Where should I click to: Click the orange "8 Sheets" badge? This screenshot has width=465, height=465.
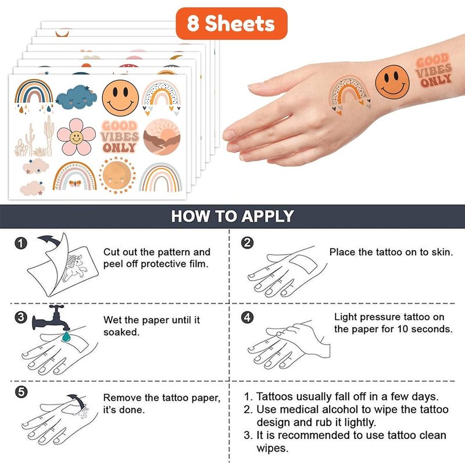231,24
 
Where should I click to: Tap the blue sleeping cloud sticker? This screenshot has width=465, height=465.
77,98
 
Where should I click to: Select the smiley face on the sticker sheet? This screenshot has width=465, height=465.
120,98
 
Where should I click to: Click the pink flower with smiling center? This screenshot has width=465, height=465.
76,137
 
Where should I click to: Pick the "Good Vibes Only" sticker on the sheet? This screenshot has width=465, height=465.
120,137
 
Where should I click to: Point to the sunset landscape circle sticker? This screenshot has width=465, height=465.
162,137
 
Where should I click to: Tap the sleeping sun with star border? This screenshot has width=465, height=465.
117,175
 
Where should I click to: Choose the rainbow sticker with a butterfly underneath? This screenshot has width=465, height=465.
75,176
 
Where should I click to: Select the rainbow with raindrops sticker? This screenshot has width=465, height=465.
34,95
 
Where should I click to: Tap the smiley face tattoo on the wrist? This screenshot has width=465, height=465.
392,82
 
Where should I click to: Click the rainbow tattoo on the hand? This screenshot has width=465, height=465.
349,94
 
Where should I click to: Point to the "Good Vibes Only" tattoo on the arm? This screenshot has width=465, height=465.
433,70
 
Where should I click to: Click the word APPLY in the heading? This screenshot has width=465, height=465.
267,216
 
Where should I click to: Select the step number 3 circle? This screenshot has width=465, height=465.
21,317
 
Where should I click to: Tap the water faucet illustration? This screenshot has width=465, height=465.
51,317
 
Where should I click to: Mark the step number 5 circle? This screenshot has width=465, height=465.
21,392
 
